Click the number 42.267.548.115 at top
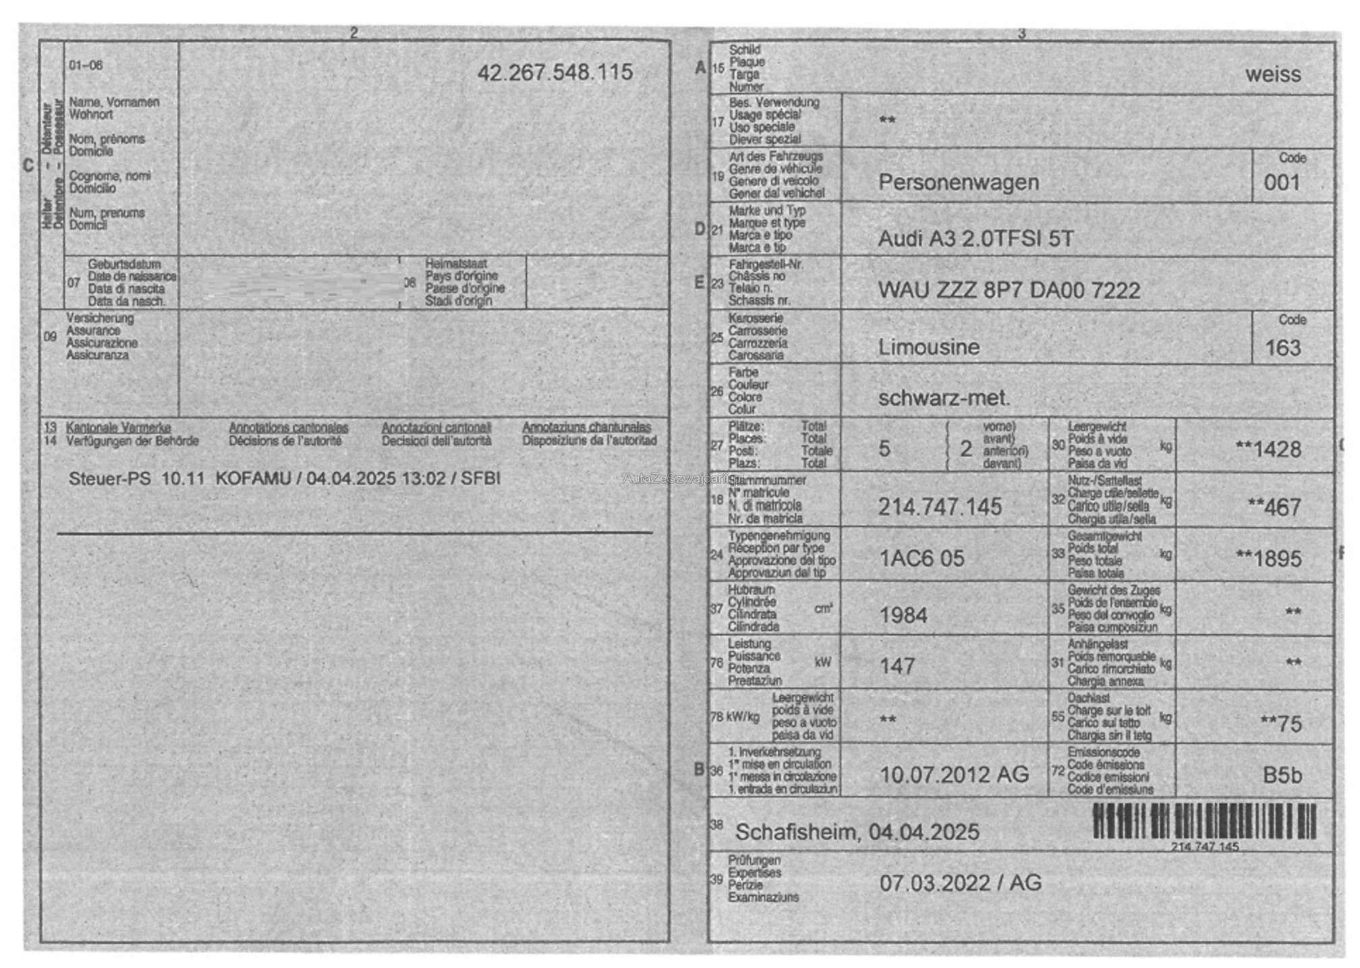(555, 72)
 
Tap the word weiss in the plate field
(1272, 74)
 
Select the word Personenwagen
(958, 182)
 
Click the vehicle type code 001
(1282, 183)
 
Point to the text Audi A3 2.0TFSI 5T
(975, 238)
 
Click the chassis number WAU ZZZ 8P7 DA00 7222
(1009, 290)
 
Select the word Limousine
(928, 347)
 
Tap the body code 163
(1282, 348)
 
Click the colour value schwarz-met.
(944, 398)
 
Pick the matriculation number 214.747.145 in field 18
(940, 507)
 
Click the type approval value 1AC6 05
(922, 559)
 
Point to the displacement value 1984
(903, 615)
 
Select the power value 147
(897, 666)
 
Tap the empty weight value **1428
(1268, 449)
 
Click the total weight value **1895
(1268, 559)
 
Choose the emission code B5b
(1282, 776)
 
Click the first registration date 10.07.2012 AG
(954, 774)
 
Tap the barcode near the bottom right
(1204, 821)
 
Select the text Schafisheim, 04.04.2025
(857, 832)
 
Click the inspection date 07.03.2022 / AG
(960, 882)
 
